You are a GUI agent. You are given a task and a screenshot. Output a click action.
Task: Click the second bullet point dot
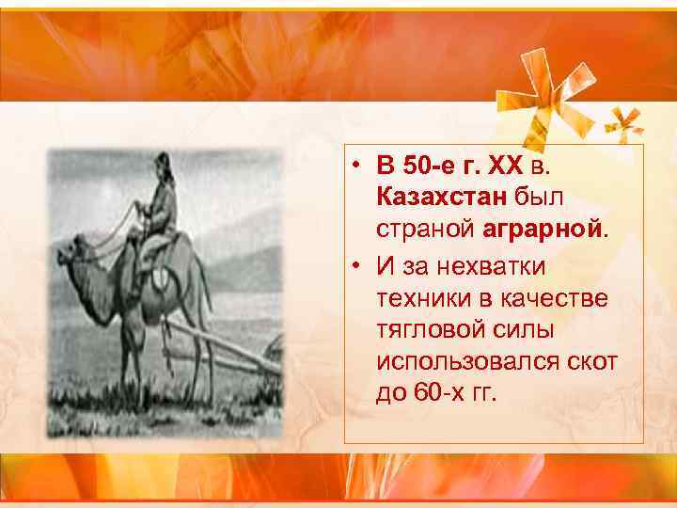360,267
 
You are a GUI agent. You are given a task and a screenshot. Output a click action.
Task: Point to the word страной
427,228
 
